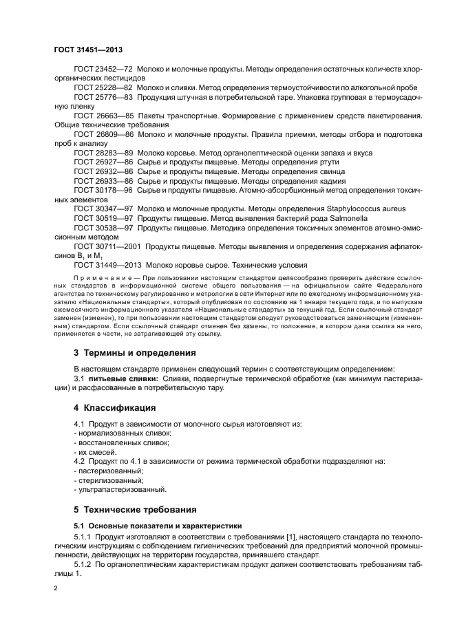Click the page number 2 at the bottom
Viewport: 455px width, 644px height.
pyautogui.click(x=56, y=590)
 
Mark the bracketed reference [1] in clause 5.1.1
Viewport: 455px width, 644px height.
pyautogui.click(x=283, y=535)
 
